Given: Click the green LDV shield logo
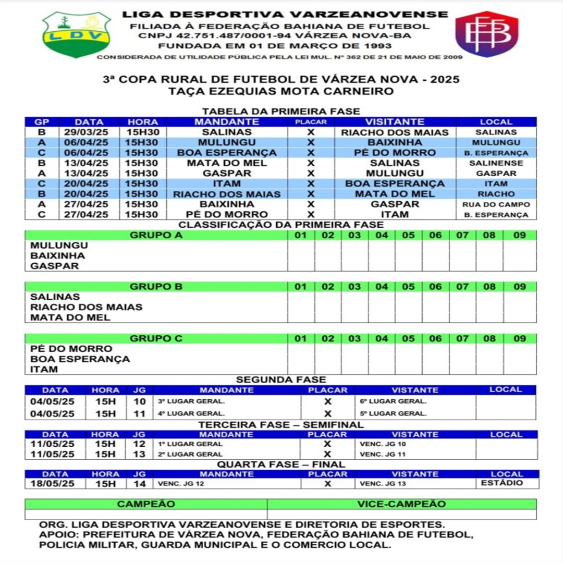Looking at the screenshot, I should (x=77, y=34).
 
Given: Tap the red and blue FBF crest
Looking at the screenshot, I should (x=486, y=34).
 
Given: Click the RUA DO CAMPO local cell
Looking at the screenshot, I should (x=496, y=204).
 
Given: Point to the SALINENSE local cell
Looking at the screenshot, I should (x=496, y=163).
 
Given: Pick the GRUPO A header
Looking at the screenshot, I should (x=156, y=235).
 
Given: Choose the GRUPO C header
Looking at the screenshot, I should (x=156, y=338).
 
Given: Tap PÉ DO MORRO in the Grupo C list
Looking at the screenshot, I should (x=71, y=349).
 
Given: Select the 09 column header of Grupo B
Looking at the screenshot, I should (x=519, y=287).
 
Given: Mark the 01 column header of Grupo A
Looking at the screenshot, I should (x=301, y=235).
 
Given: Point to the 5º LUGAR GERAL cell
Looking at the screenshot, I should (x=393, y=413).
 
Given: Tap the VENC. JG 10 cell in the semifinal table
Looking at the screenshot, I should (x=383, y=444).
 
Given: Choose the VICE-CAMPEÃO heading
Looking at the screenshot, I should (x=401, y=504).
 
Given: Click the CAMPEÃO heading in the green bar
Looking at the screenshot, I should (x=146, y=504).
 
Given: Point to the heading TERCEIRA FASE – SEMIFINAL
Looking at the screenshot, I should (x=281, y=425).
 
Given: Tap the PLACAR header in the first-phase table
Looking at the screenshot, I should (x=311, y=122).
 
